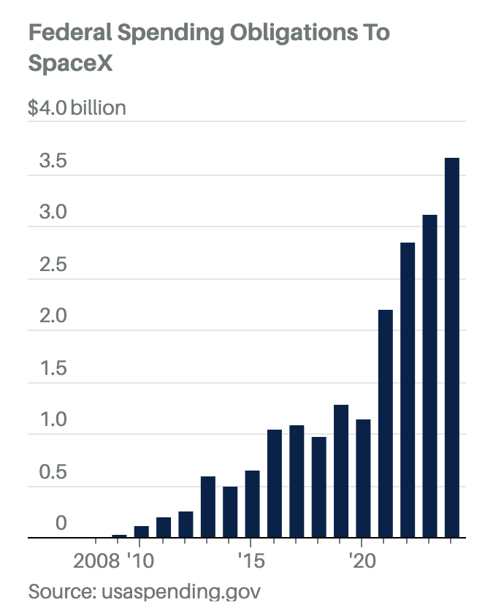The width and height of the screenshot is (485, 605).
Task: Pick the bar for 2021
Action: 385,424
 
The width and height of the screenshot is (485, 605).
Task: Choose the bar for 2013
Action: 207,507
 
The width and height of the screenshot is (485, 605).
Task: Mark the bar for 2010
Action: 141,532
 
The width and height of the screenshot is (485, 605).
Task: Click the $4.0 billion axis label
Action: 77,108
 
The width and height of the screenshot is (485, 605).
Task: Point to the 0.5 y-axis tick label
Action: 53,472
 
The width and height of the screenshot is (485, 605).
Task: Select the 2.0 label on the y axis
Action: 53,316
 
